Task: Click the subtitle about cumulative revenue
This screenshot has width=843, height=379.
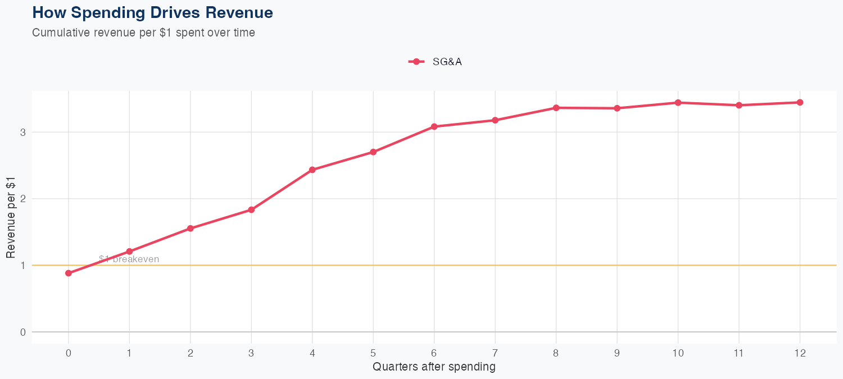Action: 143,33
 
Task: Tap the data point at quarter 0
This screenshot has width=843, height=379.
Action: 69,273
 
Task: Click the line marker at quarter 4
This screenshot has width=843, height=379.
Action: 312,170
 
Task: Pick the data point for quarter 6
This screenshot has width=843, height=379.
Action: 434,126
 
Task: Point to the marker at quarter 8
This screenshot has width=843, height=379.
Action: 556,108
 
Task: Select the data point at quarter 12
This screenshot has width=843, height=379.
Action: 800,102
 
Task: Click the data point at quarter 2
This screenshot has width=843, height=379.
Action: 191,229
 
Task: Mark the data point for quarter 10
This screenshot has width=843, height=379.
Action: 678,103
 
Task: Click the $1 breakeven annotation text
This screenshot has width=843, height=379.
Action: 129,259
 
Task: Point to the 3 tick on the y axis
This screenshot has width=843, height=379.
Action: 22,133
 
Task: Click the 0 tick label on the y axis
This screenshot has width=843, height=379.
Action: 22,332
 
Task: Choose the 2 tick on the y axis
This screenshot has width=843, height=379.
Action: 22,199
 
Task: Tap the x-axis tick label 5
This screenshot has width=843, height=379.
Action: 373,353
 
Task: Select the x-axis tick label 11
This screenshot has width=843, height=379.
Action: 738,353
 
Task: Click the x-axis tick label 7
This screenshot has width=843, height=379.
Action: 495,353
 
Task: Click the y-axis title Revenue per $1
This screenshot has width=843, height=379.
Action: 11,217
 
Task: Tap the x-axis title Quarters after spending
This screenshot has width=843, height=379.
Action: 434,367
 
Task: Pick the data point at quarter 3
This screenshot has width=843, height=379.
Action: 251,209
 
